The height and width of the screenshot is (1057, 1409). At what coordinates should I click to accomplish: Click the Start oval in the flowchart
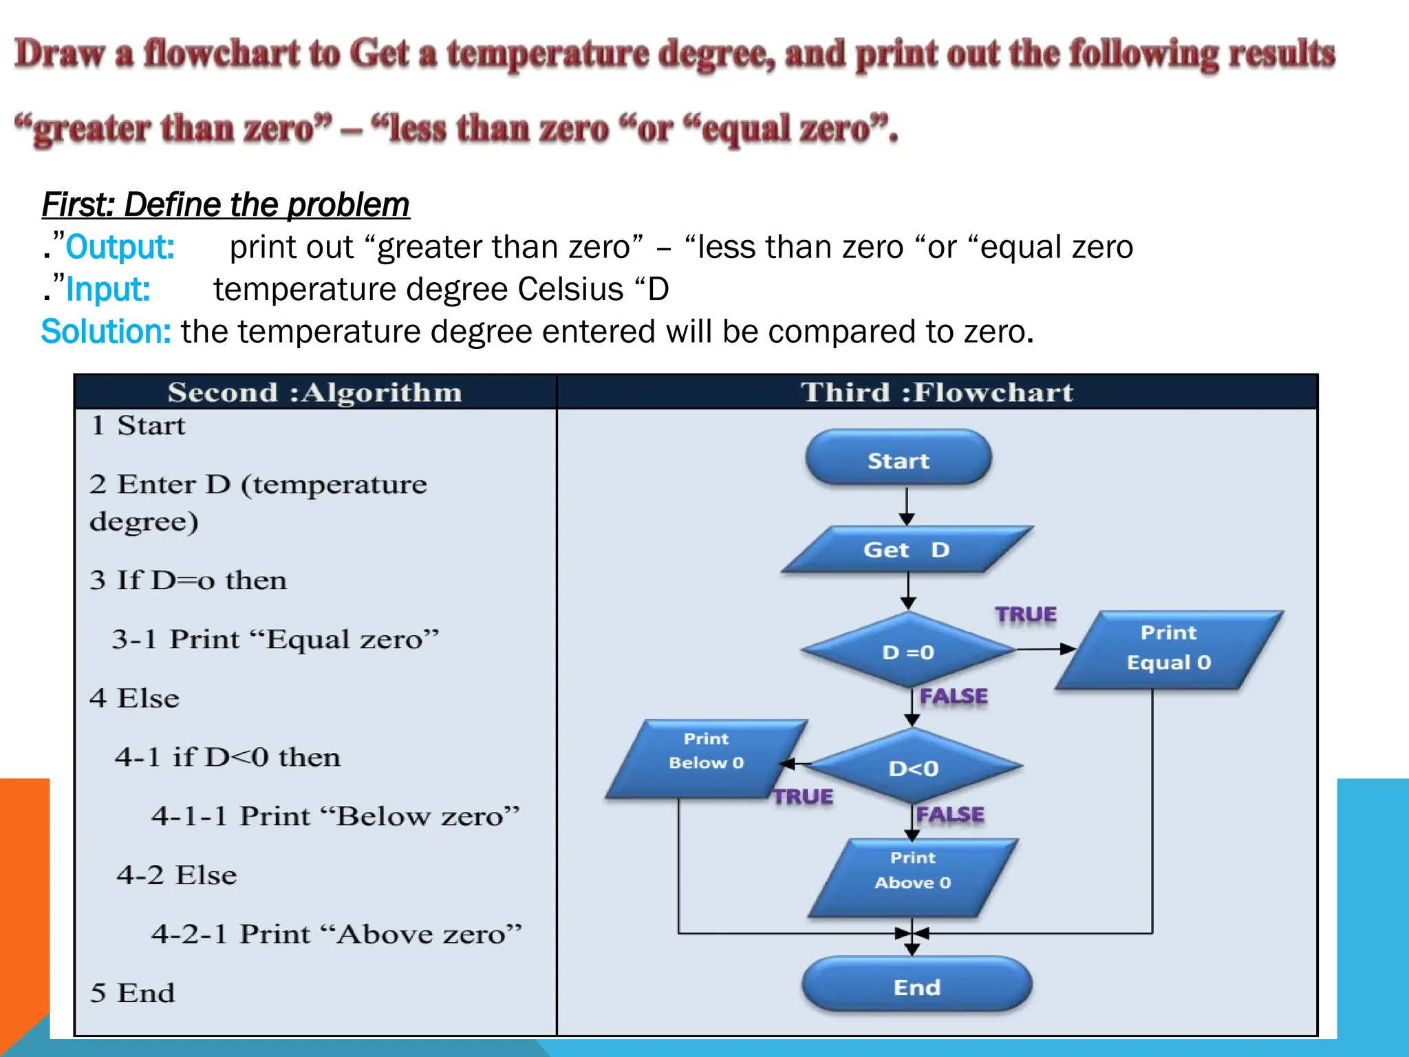pyautogui.click(x=898, y=460)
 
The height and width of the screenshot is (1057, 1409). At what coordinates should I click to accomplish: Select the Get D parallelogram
pyautogui.click(x=907, y=549)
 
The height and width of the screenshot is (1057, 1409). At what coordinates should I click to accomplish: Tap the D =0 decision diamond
pyautogui.click(x=908, y=651)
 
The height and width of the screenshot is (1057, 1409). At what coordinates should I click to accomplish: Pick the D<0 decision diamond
pyautogui.click(x=914, y=767)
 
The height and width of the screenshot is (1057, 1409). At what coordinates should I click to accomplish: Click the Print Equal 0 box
pyautogui.click(x=1168, y=648)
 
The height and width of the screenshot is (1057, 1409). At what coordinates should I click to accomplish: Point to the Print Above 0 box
pyautogui.click(x=912, y=877)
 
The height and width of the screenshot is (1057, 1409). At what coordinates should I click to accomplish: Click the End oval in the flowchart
pyautogui.click(x=916, y=986)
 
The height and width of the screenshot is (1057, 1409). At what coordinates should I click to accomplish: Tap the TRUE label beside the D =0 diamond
pyautogui.click(x=1025, y=614)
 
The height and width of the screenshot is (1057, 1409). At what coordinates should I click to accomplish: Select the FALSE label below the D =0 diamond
pyautogui.click(x=954, y=696)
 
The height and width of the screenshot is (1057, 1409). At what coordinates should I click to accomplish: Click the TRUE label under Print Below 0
pyautogui.click(x=802, y=796)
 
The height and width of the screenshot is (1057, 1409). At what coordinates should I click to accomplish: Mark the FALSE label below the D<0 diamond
pyautogui.click(x=950, y=814)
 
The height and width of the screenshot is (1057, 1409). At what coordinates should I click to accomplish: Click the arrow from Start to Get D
pyautogui.click(x=907, y=507)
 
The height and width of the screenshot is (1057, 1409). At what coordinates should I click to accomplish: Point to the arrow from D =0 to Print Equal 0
pyautogui.click(x=1045, y=648)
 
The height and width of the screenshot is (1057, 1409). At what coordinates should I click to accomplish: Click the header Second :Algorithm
pyautogui.click(x=314, y=392)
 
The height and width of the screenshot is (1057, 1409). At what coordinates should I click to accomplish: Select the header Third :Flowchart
pyautogui.click(x=936, y=392)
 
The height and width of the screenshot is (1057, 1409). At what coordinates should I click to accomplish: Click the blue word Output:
pyautogui.click(x=120, y=247)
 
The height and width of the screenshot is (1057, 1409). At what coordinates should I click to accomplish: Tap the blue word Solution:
pyautogui.click(x=106, y=332)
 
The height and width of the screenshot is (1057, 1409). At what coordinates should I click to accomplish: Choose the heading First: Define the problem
pyautogui.click(x=226, y=204)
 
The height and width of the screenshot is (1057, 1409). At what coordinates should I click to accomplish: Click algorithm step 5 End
pyautogui.click(x=133, y=992)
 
